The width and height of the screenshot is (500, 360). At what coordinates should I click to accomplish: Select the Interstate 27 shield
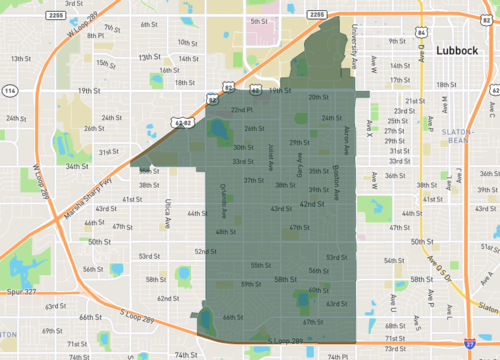(470, 342)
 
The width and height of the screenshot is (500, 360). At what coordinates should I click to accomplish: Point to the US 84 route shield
(420, 33)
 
